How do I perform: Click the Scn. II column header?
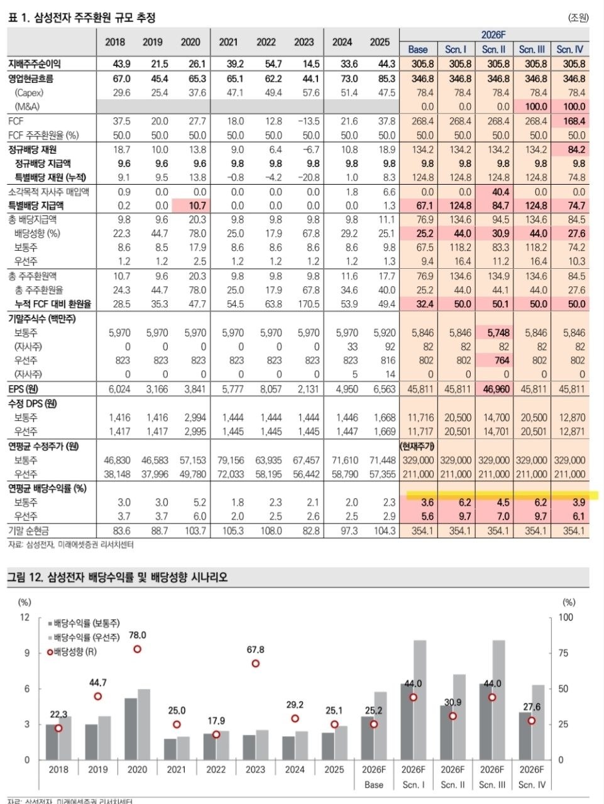point(493,50)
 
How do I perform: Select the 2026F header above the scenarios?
point(493,35)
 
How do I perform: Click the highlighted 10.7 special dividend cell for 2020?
point(197,205)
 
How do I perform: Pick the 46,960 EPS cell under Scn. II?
point(497,389)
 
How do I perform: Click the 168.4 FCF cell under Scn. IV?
point(574,121)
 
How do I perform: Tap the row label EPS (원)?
point(23,389)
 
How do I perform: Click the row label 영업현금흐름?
point(31,79)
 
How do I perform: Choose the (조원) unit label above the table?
point(578,18)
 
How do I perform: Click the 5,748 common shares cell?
point(498,332)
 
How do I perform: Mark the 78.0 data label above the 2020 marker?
point(138,636)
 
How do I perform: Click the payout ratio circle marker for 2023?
point(255,664)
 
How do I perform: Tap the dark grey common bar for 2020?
point(131,729)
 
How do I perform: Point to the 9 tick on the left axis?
point(27,653)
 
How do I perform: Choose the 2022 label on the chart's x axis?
point(216,769)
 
